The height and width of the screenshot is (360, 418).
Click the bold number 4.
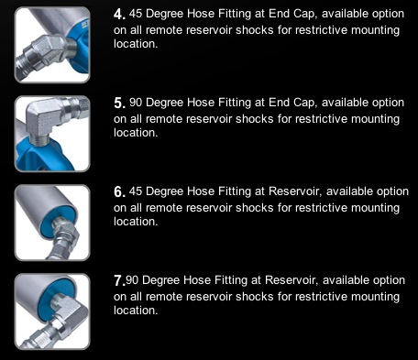pos(119,15)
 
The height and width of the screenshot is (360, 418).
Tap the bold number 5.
pos(119,104)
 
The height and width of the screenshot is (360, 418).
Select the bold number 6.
pos(119,192)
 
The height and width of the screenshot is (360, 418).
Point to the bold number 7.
pos(119,281)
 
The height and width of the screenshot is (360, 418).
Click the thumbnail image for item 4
pos(52,45)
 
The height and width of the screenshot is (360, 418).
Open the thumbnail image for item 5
pos(52,134)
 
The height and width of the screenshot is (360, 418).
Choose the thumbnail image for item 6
pos(52,223)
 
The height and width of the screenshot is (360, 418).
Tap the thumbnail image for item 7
pos(52,311)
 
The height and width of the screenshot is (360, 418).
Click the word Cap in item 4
pos(304,15)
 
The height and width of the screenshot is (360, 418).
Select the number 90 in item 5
pos(136,103)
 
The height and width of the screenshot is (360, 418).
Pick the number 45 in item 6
pos(136,191)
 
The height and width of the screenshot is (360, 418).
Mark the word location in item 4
pos(136,44)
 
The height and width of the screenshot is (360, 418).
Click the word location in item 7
pos(136,311)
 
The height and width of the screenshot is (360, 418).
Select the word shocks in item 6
pos(255,208)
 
